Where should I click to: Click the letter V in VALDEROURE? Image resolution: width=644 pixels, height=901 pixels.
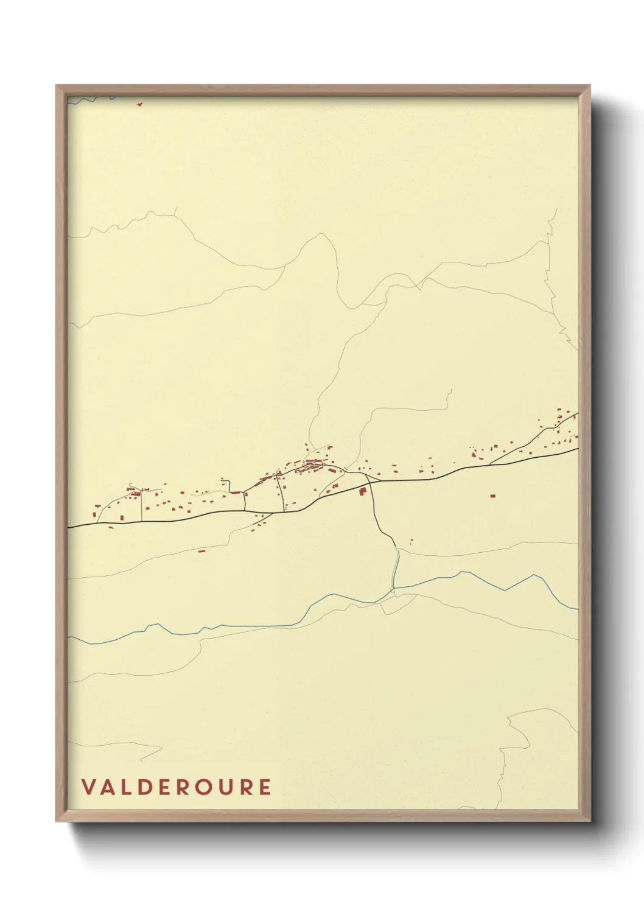click(x=89, y=787)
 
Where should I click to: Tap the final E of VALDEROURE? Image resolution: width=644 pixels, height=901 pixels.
click(x=265, y=787)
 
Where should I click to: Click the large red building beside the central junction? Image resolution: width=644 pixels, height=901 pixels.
click(x=363, y=491)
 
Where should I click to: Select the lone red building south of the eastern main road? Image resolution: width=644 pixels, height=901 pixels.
click(x=493, y=496)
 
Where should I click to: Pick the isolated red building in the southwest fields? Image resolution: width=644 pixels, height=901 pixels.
click(x=201, y=551)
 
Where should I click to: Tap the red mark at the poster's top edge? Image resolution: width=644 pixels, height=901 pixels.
click(x=139, y=103)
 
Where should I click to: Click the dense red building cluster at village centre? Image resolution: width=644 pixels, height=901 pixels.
click(x=314, y=467)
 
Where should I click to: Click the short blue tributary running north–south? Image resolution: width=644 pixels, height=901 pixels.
click(x=396, y=569)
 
